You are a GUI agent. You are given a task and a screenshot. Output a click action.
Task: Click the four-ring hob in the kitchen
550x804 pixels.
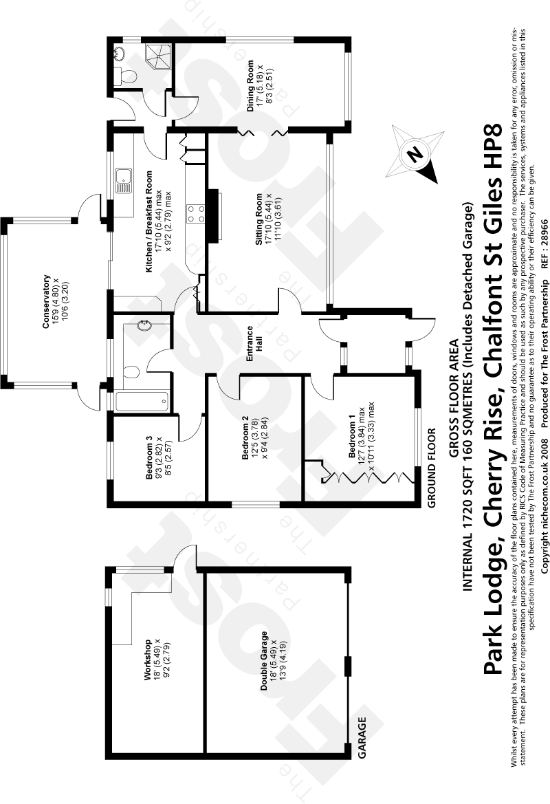pyautogui.click(x=195, y=211)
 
